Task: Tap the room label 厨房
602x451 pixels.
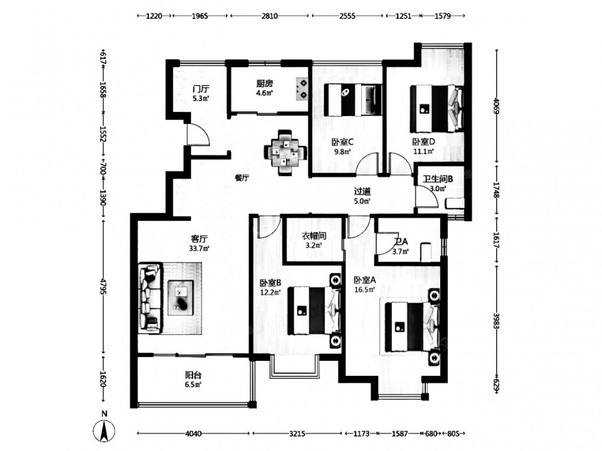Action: point(265,84)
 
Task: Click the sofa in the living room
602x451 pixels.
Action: point(151,298)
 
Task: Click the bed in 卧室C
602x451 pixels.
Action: point(353,99)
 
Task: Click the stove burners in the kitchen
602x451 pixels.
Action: point(300,88)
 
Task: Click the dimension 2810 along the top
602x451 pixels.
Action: point(269,17)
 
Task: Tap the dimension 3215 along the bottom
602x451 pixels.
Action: point(298,433)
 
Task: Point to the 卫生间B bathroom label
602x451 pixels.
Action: point(438,179)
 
